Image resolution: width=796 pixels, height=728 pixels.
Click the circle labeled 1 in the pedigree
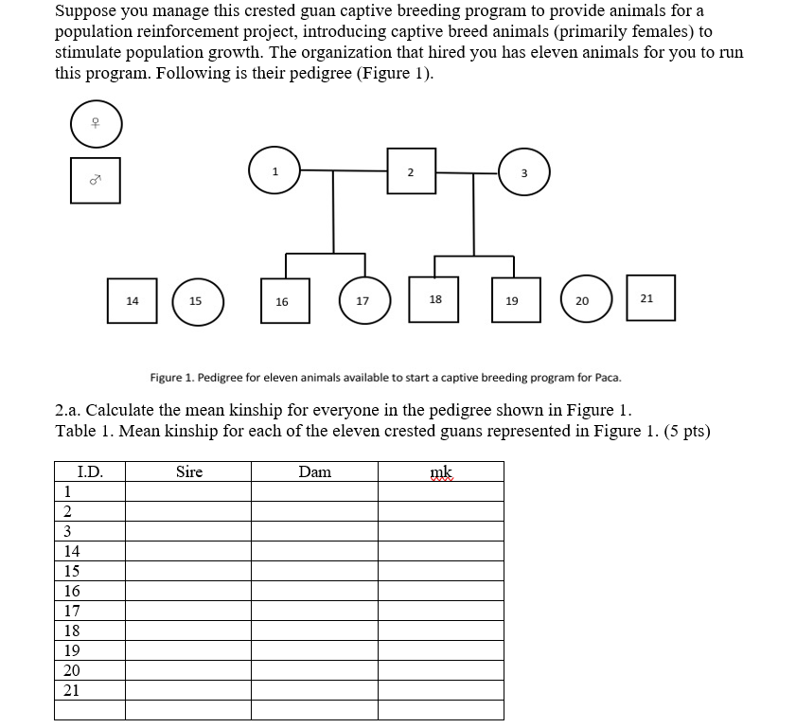(274, 172)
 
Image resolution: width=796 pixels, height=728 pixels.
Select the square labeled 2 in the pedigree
(411, 172)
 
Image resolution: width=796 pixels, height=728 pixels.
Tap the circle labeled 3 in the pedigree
(523, 172)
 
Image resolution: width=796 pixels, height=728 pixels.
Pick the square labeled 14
(133, 301)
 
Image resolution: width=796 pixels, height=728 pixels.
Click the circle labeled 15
(196, 301)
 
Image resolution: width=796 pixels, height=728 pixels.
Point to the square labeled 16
(282, 302)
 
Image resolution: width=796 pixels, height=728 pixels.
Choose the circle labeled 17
(363, 301)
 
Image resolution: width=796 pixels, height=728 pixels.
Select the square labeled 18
(435, 300)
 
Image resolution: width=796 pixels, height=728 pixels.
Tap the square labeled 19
(512, 301)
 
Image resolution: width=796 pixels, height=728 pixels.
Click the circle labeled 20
(582, 301)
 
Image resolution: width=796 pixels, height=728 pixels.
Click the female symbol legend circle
(96, 123)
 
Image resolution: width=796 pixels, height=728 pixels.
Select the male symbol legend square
(96, 179)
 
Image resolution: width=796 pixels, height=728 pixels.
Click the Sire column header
(189, 471)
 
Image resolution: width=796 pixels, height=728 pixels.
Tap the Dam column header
(315, 471)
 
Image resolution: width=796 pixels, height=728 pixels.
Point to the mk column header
(442, 471)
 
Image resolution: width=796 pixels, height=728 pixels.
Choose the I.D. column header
(90, 471)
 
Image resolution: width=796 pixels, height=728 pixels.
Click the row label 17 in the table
(72, 611)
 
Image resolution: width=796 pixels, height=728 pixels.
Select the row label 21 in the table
(72, 690)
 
